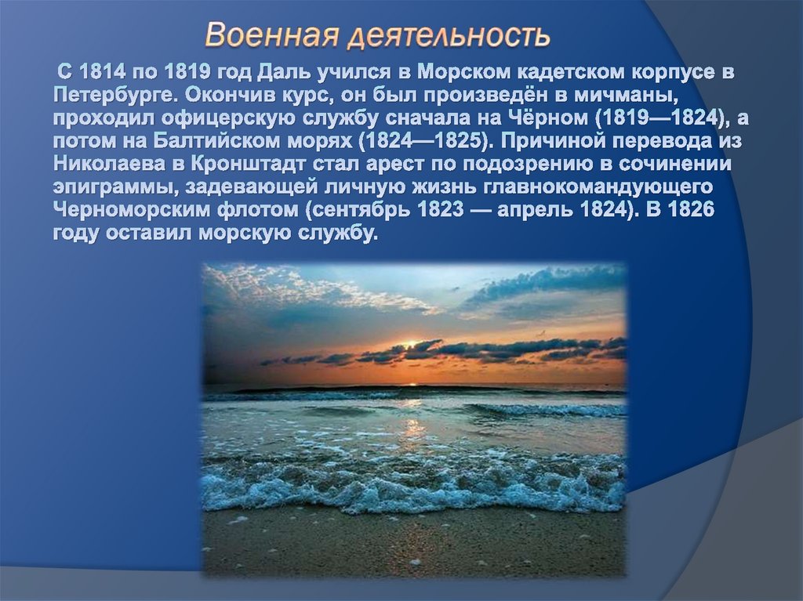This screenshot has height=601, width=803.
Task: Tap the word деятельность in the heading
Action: click(449, 35)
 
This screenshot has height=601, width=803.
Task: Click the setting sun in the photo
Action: click(408, 346)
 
